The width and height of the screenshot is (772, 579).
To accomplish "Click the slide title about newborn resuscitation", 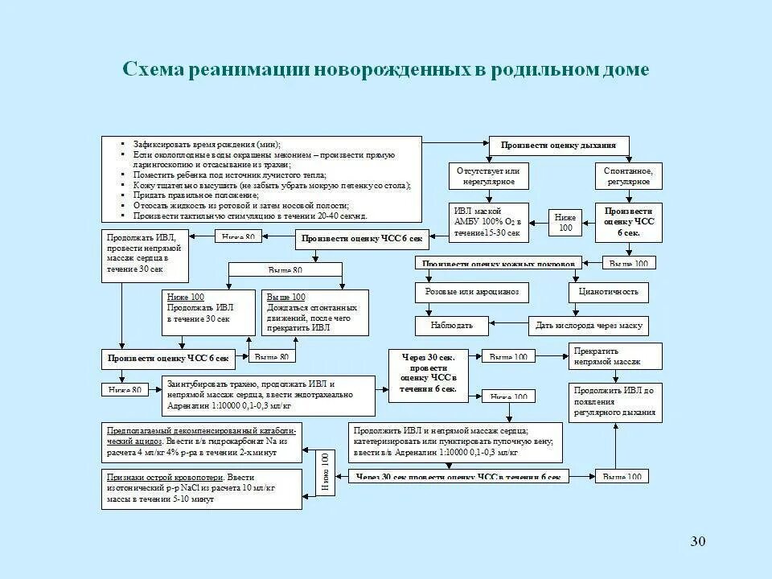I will [x=385, y=70].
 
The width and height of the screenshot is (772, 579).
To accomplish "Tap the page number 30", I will [x=697, y=540].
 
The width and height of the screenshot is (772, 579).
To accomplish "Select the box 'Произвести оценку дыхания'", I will [x=559, y=146].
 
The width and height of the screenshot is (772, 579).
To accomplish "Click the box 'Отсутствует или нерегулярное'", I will [x=488, y=176].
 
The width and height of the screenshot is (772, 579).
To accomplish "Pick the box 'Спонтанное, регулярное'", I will [x=628, y=176].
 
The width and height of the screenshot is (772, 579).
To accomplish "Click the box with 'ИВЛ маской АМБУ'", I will [x=488, y=222].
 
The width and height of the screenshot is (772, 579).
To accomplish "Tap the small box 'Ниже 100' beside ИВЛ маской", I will [x=565, y=223].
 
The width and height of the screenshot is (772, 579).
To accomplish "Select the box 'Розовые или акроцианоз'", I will [x=472, y=292].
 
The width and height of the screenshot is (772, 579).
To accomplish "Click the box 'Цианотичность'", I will [x=609, y=292].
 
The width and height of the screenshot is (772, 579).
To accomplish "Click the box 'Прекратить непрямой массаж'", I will [x=615, y=356].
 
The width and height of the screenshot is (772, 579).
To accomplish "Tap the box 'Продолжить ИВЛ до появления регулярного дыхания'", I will [x=615, y=402].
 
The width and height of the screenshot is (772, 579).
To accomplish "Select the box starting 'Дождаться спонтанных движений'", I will [x=316, y=312].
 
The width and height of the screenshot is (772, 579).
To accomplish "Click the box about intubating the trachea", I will [x=269, y=395].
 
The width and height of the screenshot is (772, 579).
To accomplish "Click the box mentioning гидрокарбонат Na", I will [x=202, y=441].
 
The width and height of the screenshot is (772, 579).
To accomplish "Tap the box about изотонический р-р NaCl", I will [x=202, y=488].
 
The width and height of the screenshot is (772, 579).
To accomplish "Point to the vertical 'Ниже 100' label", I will [x=326, y=470].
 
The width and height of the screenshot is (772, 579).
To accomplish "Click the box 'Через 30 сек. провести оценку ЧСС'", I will [x=423, y=376].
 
